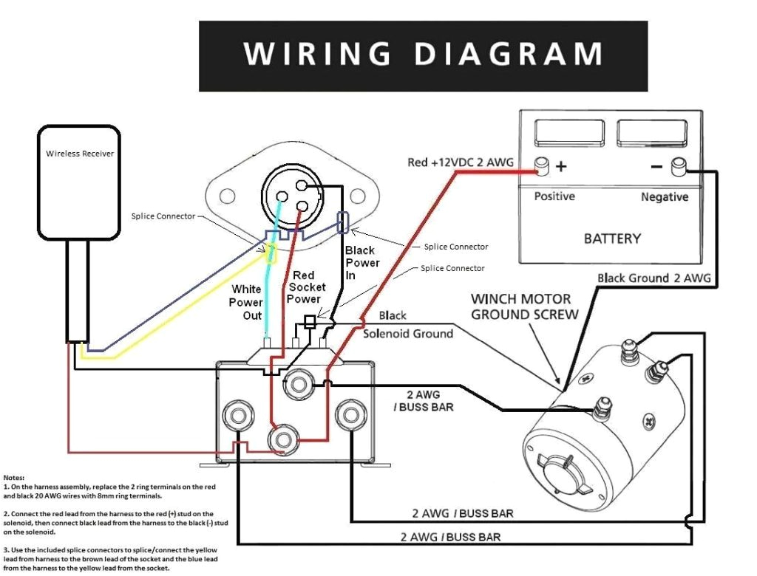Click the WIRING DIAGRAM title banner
click(x=423, y=55)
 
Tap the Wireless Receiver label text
click(x=80, y=154)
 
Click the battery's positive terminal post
click(x=543, y=166)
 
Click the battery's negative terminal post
click(x=676, y=167)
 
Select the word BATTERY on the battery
click(x=611, y=239)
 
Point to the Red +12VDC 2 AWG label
click(x=461, y=162)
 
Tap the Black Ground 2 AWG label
click(x=654, y=278)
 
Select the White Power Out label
click(x=245, y=302)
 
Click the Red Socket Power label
click(x=305, y=287)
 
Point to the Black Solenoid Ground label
click(x=407, y=325)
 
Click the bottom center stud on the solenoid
click(x=282, y=439)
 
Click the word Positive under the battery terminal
click(x=554, y=196)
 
